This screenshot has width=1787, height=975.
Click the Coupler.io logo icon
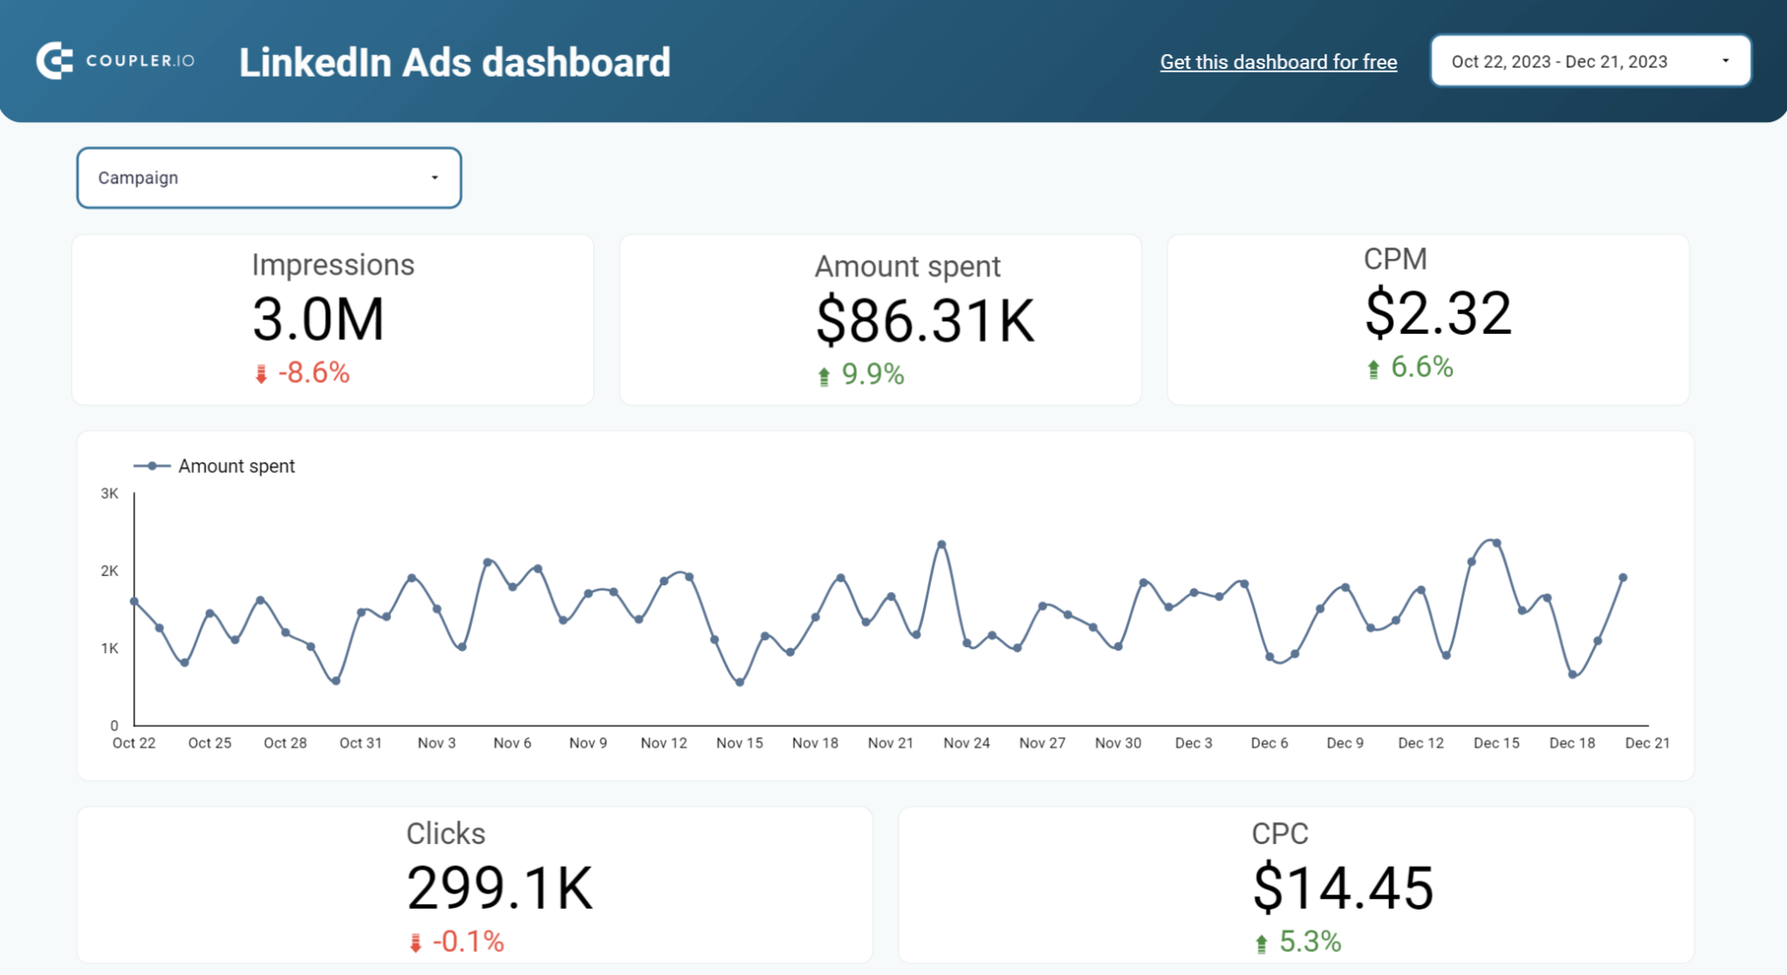(x=54, y=61)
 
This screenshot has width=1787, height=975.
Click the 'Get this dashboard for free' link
(x=1277, y=62)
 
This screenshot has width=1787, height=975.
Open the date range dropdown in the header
(x=1590, y=61)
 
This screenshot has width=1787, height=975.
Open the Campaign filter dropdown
(x=269, y=178)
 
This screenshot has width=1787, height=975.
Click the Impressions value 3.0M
(x=318, y=319)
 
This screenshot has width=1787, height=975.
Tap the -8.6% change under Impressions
(x=312, y=373)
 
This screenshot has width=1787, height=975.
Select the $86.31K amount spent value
(x=924, y=321)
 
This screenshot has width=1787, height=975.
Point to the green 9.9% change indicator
(x=871, y=375)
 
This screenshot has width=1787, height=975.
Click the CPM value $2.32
(x=1437, y=314)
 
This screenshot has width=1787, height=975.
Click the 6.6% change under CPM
(x=1421, y=367)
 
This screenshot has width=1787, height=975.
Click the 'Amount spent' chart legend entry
(x=236, y=467)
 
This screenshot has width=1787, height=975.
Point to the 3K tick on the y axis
(x=109, y=494)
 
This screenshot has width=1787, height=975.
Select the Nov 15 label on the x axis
(x=739, y=743)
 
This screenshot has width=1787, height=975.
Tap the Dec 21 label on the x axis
(x=1647, y=743)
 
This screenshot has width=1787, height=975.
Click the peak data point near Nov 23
(x=941, y=544)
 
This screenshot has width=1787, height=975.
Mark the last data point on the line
(x=1623, y=577)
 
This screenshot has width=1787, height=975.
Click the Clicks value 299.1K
(x=499, y=889)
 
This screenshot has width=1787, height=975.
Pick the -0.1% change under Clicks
(x=468, y=942)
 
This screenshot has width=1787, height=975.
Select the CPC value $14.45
(x=1342, y=889)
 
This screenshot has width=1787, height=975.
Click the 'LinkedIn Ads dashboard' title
(x=455, y=63)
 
